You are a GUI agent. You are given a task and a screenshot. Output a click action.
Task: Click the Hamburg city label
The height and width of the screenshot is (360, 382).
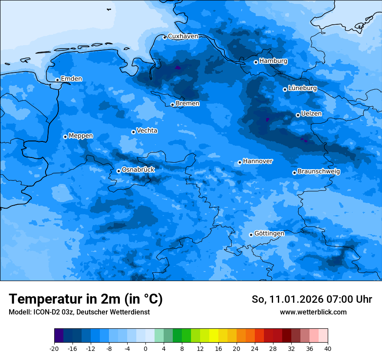point(273,61)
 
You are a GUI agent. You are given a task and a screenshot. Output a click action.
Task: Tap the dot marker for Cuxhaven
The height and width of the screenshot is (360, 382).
point(165,37)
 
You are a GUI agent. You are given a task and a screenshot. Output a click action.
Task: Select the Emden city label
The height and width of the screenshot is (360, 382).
point(71,79)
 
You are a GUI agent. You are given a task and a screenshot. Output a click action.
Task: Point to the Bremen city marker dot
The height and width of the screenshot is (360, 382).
point(172,105)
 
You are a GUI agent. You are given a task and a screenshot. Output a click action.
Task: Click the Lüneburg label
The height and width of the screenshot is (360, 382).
point(302,88)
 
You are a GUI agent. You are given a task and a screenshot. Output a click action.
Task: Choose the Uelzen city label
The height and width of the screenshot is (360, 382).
point(311,114)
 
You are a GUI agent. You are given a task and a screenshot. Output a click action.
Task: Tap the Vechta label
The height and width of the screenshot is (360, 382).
point(147,131)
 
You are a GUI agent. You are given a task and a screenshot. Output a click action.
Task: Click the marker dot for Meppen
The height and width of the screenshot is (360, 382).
point(65,137)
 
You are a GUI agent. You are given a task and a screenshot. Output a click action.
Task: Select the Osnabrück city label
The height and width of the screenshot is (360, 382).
point(138,170)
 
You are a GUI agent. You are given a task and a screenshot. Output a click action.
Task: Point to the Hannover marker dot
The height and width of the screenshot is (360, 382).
point(240,163)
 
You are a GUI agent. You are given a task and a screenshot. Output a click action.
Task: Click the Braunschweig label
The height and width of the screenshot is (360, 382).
point(319,171)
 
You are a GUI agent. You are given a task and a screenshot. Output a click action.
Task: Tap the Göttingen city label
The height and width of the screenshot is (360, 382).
point(269,233)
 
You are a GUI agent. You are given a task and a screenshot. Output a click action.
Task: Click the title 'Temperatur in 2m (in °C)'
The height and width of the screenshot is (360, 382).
point(86,299)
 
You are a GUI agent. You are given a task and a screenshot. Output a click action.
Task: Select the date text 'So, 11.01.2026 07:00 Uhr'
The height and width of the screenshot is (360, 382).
point(312,299)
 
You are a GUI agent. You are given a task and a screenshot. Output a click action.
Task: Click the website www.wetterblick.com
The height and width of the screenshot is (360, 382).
point(313,312)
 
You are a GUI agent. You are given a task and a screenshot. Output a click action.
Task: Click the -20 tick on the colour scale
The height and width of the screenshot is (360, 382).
point(54,348)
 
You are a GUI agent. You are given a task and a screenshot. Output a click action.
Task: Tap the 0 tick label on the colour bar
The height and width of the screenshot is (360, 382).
point(145,348)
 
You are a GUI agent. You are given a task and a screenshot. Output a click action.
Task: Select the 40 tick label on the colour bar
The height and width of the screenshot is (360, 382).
point(328,348)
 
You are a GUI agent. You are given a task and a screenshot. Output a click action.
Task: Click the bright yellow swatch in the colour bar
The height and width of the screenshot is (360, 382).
point(214,336)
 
